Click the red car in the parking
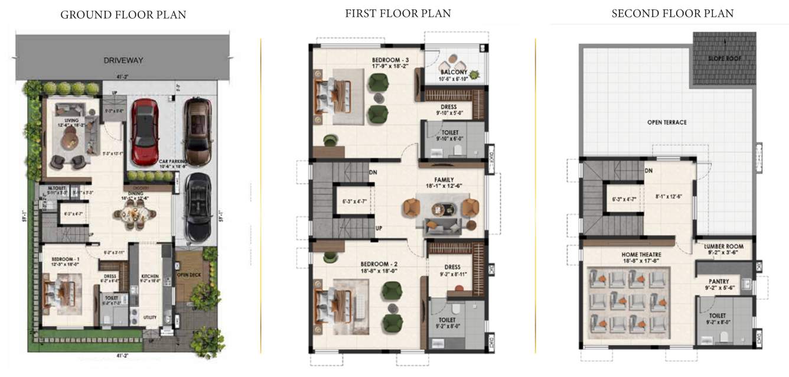(x=144, y=132)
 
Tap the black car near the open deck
(x=197, y=207)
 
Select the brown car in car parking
(x=197, y=126)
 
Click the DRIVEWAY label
(x=123, y=60)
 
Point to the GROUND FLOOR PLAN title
(x=123, y=15)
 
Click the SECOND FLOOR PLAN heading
(x=672, y=13)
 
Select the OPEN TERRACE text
(x=667, y=122)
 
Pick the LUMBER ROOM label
(x=723, y=246)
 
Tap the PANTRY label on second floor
(x=723, y=281)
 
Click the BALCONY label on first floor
(x=453, y=72)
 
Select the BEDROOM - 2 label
(x=379, y=264)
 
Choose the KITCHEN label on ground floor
(x=149, y=276)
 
